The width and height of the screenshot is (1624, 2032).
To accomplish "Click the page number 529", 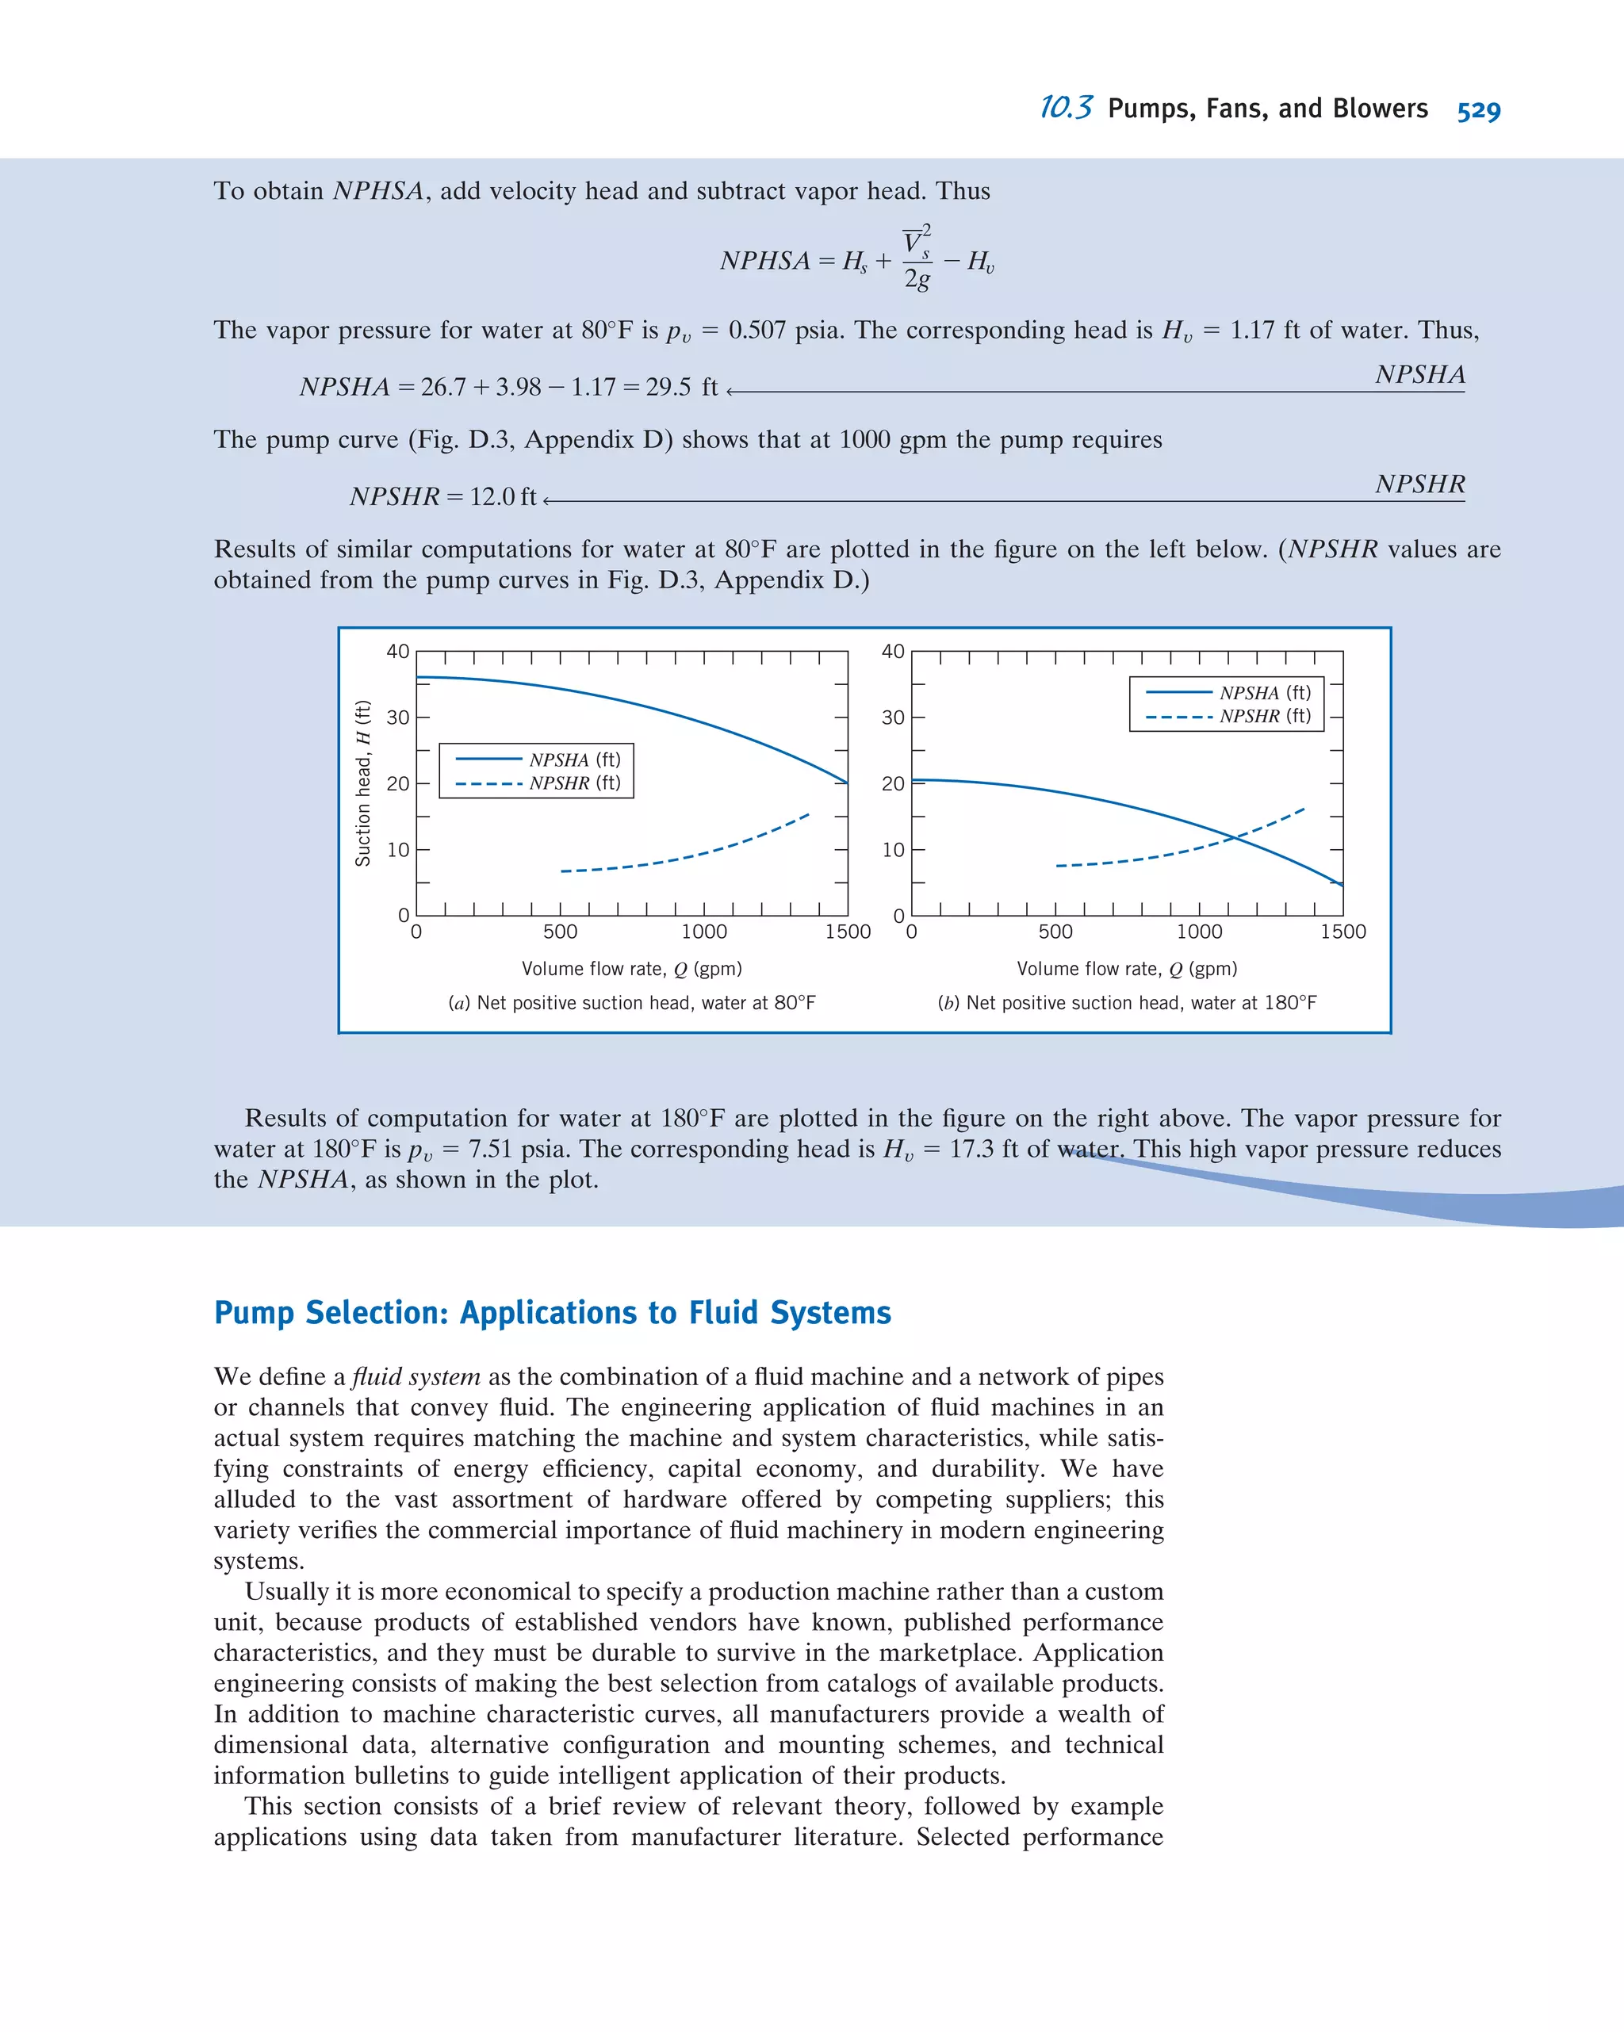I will pos(1478,110).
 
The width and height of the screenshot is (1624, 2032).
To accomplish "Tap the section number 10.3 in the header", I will pos(1065,109).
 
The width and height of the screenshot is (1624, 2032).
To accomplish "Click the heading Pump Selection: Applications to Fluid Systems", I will pos(553,1313).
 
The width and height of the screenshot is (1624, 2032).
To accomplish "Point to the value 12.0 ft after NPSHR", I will pos(504,496).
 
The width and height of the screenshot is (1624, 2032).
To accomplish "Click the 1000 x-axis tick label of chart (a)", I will pos(704,932).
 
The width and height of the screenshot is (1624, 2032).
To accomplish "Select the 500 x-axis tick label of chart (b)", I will pos(1055,932).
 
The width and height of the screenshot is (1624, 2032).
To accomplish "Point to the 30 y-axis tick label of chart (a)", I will pos(399,718).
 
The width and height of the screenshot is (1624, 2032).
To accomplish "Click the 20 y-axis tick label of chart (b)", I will pos(893,784).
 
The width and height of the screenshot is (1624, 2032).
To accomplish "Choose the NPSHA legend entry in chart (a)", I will pos(538,760).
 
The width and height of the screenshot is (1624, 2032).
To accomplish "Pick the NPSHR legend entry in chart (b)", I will pos(1229,716).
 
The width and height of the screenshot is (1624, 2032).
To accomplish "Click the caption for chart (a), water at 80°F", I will pos(631,1003).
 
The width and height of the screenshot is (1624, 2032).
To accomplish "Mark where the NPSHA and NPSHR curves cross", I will pos(1235,837).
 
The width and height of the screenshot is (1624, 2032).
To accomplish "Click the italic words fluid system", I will pos(416,1377).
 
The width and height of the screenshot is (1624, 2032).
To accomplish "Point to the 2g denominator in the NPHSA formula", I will pos(917,279).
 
